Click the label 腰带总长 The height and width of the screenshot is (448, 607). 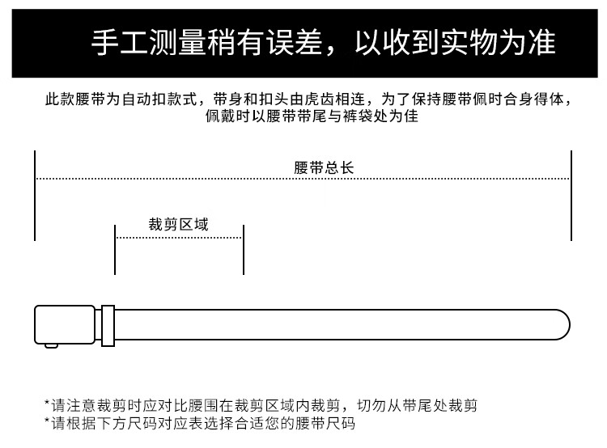click(x=324, y=168)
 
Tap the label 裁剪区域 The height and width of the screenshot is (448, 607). click(x=179, y=224)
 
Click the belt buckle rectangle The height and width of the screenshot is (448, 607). click(x=65, y=324)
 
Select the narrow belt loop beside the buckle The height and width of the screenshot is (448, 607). click(x=108, y=326)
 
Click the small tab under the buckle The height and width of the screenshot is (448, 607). click(x=52, y=345)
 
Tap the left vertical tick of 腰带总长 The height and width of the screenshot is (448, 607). click(x=35, y=196)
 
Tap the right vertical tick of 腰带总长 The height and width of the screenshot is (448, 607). click(x=571, y=196)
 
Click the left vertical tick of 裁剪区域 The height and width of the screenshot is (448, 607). click(x=115, y=250)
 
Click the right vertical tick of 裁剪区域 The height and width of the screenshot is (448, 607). click(x=244, y=250)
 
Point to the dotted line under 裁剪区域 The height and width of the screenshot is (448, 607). click(x=179, y=238)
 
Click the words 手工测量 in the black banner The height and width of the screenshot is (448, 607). click(x=149, y=42)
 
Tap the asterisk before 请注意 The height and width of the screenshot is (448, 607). click(x=47, y=404)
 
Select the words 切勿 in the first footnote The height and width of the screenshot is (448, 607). click(x=372, y=405)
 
